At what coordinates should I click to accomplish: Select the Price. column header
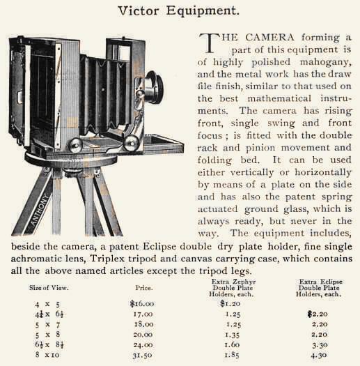click(x=143, y=287)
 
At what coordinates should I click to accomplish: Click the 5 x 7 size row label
click(x=47, y=324)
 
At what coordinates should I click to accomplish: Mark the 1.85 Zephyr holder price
click(x=230, y=355)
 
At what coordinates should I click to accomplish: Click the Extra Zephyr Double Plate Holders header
click(x=230, y=285)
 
